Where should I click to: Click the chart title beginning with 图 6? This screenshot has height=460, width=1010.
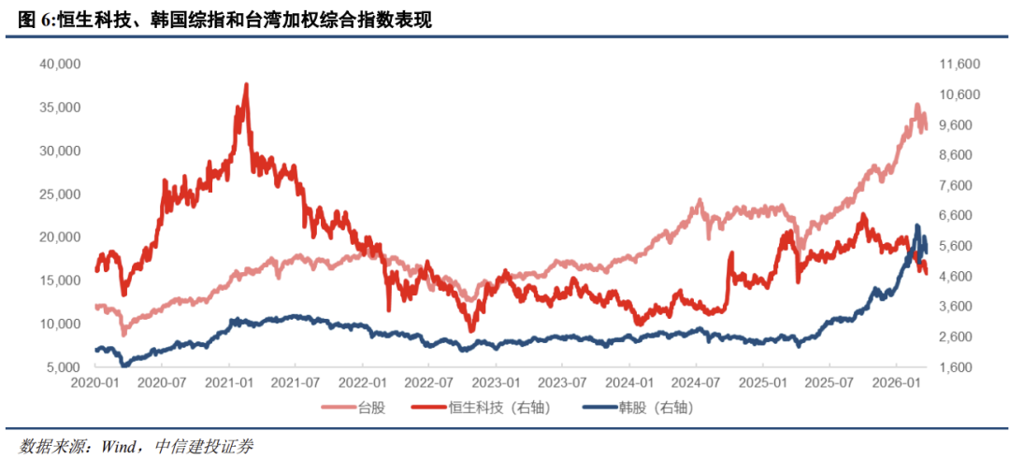pos(224,19)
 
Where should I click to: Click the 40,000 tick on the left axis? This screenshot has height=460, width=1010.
pos(61,65)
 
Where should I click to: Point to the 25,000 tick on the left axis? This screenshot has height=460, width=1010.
pos(61,194)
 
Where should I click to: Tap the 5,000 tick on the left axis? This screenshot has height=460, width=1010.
pos(65,367)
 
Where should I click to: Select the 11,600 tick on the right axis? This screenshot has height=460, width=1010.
pos(959,65)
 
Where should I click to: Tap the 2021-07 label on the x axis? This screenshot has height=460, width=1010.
pos(296,383)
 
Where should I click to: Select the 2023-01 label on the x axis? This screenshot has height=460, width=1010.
pos(497,383)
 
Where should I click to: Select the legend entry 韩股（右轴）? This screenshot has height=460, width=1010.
pos(655,408)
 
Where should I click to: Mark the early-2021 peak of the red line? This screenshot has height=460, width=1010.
pos(246,85)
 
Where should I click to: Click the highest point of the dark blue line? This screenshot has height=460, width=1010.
pos(917,226)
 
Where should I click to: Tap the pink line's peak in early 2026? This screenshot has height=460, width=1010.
pos(916,105)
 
